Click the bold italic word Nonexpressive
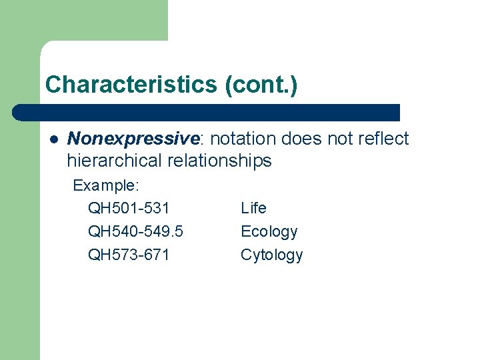tap(133, 139)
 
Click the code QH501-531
tap(129, 209)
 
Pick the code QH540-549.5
tap(136, 232)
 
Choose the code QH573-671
tap(129, 255)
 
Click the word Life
tap(253, 209)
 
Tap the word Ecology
tap(269, 232)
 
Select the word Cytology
tap(271, 255)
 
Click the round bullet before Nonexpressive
tap(53, 139)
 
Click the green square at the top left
tap(83, 20)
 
